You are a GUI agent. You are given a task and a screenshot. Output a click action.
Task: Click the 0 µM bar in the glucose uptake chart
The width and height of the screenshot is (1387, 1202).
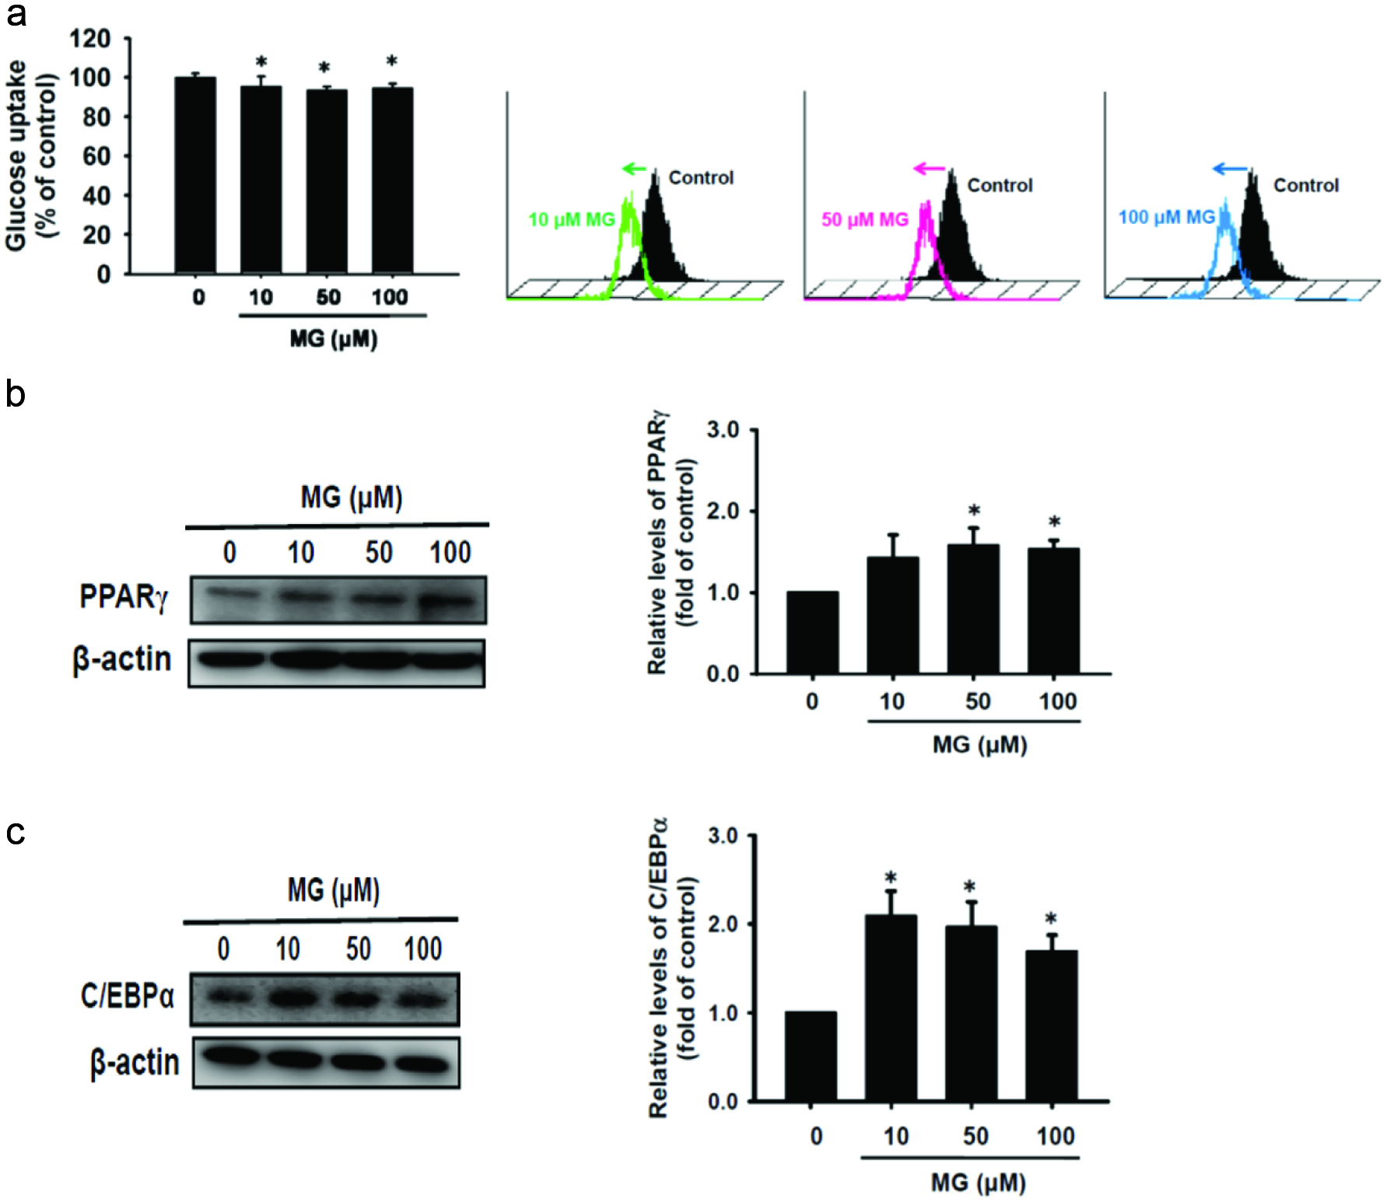pos(195,176)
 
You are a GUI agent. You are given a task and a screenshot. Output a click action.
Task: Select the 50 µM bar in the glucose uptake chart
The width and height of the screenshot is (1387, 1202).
pos(327,182)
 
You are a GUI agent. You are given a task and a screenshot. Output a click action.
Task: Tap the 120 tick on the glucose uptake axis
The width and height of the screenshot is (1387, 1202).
pos(89,38)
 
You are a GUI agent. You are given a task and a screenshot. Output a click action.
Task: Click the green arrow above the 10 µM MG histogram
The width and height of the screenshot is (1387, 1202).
pos(634,169)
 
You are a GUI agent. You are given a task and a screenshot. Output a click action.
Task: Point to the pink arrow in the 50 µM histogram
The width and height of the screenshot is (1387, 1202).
pos(929,169)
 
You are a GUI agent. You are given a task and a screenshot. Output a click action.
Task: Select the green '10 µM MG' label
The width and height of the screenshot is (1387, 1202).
pos(572,220)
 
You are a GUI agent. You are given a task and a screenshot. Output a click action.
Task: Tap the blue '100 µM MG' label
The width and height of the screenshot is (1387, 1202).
pos(1166,218)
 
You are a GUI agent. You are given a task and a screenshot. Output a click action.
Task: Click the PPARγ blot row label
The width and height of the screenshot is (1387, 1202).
pos(123,597)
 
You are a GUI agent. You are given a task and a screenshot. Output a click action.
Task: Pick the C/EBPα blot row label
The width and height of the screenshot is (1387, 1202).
pos(127,996)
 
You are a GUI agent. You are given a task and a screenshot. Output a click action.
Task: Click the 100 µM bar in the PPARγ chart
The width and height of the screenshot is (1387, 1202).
pos(1053,611)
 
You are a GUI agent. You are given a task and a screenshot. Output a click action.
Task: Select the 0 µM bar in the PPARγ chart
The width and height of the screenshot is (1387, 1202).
pos(812,633)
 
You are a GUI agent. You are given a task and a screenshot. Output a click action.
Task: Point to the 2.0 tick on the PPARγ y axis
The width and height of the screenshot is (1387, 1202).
pos(723,512)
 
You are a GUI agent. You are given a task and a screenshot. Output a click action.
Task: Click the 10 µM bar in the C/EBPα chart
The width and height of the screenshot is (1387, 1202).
pos(891,1008)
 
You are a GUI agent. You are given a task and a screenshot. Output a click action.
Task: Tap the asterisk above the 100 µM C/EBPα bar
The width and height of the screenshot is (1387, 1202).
pos(1051,920)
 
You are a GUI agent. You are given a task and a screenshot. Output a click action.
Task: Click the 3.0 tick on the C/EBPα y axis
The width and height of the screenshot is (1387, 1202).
pos(723,836)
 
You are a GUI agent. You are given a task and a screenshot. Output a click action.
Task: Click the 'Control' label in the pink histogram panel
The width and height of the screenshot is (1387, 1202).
pos(1000,186)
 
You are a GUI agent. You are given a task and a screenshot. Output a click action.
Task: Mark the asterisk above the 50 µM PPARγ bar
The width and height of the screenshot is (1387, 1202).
pos(974,511)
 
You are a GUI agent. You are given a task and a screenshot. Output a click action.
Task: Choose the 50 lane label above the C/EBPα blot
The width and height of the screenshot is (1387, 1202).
pos(358,949)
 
